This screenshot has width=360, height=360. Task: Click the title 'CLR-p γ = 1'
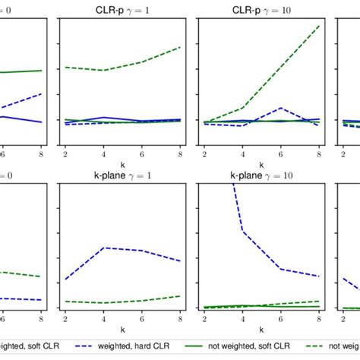122,8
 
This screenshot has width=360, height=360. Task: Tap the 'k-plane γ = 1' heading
122,175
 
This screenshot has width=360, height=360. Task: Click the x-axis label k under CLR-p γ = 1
122,164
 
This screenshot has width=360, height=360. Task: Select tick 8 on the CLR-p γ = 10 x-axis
318,154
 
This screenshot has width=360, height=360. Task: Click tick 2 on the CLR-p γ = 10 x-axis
204,154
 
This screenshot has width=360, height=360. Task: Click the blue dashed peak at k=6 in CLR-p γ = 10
280,108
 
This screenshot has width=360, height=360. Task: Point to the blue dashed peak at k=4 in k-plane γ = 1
103,248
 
